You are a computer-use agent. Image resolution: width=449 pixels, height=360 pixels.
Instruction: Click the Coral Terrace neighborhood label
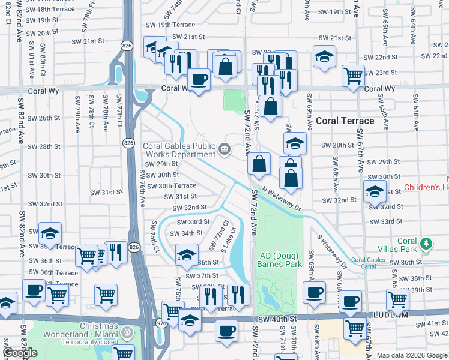(x=345, y=121)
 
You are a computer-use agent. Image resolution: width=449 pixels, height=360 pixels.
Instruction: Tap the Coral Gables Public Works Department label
(x=178, y=151)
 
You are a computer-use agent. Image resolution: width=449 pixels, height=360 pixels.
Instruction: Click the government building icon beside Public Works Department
(x=224, y=148)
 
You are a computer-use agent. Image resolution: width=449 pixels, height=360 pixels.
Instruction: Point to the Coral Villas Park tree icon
(x=426, y=244)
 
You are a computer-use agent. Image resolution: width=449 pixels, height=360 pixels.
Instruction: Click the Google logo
(x=20, y=353)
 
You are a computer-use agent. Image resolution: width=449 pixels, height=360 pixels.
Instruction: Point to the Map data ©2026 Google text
(x=412, y=355)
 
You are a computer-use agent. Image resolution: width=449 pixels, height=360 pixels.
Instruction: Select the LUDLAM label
(x=427, y=314)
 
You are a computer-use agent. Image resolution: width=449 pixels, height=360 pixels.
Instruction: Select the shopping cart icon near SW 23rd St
(x=353, y=75)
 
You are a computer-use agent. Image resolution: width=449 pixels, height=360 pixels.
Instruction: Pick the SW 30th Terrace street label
(x=169, y=186)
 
